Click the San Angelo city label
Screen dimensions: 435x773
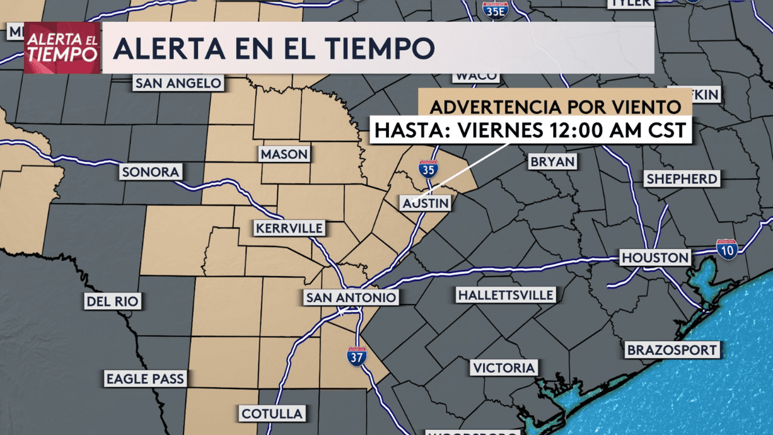178,83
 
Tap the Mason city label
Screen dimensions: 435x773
284,155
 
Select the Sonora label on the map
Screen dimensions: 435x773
150,172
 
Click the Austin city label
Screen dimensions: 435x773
426,203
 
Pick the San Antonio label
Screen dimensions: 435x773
351,297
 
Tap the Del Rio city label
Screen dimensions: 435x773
113,301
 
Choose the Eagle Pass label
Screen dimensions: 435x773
145,379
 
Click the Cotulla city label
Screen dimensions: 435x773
272,414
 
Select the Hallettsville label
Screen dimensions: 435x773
505,295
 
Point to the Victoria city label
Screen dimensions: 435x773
504,367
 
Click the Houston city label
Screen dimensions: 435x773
655,258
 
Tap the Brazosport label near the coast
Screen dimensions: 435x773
672,350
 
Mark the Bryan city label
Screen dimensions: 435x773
553,162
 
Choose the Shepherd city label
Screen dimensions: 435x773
682,179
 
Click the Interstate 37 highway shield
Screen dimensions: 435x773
356,356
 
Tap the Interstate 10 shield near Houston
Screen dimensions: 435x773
727,249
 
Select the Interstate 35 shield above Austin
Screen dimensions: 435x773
428,169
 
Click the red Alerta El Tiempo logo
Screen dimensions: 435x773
62,48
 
